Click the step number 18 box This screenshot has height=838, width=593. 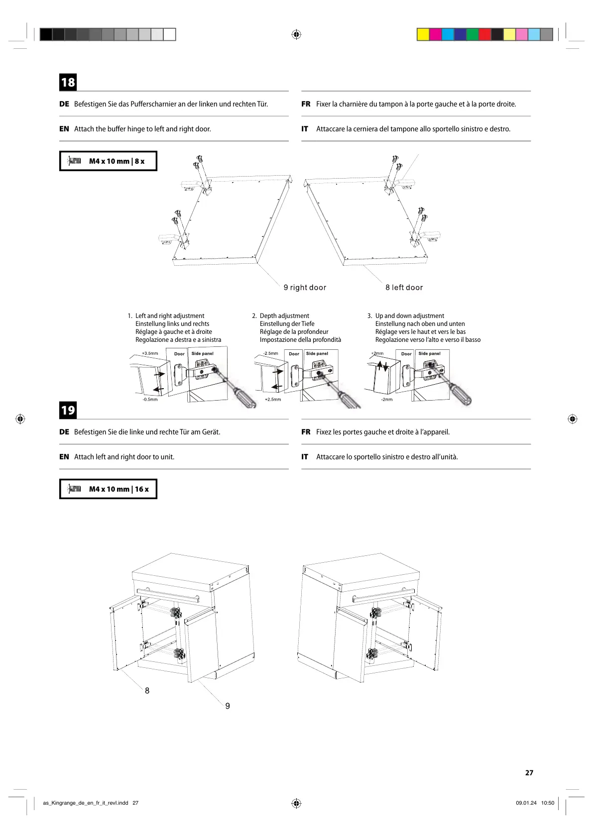(68, 82)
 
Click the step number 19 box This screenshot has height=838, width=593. (68, 410)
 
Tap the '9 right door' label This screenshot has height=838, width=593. (305, 288)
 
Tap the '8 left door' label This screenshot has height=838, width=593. (404, 288)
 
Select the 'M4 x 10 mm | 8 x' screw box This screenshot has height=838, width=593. (108, 161)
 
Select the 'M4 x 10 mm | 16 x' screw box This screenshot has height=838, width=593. (108, 489)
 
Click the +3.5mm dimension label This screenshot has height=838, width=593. (150, 353)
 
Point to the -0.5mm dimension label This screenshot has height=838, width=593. (150, 400)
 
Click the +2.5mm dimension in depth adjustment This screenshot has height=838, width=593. (273, 400)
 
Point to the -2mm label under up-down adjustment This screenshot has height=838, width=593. (387, 400)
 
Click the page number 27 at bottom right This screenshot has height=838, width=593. (529, 773)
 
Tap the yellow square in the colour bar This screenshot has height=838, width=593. (423, 34)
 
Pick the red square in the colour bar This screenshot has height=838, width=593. (484, 34)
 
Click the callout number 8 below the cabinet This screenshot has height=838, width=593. (147, 691)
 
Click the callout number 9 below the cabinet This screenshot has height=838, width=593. (228, 706)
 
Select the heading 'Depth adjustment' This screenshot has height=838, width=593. (284, 316)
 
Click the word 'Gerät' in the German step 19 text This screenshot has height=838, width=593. (211, 432)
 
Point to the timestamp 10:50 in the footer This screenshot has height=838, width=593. (547, 803)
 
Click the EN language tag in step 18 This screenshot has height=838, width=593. (64, 129)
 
